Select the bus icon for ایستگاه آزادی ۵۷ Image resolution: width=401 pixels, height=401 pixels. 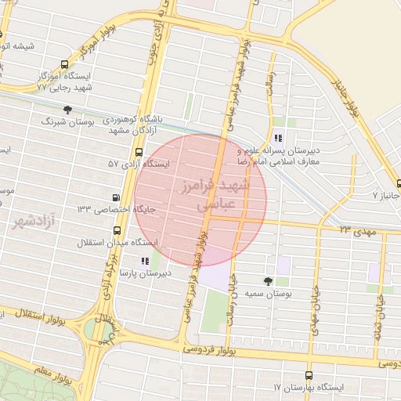139,153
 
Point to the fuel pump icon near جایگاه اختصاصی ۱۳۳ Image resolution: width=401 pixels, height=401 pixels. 117,197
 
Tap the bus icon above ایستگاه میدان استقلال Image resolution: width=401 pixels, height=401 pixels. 117,230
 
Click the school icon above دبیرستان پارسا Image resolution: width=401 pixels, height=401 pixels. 144,261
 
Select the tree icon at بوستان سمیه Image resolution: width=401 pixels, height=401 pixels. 269,280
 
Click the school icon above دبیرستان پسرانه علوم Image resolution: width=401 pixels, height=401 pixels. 278,139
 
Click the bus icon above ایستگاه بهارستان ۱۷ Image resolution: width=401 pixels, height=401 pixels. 309,375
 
